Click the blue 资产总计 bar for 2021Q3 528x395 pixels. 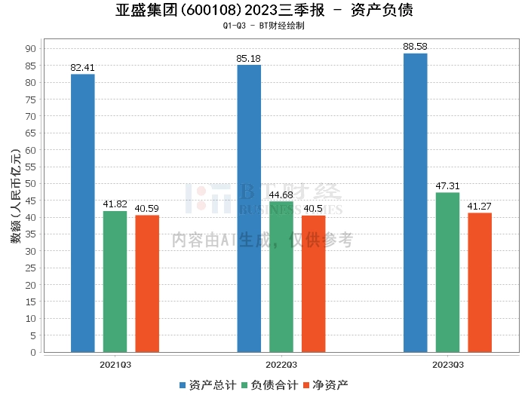coord(83,213)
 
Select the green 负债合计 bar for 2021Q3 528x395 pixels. coord(115,281)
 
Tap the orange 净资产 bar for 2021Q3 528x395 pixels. coord(147,283)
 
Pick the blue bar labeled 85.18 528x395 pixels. coord(249,208)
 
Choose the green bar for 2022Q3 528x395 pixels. coord(281,277)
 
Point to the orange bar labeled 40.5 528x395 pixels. coord(314,283)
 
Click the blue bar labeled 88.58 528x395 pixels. coord(416,202)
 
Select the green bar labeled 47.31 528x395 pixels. coord(448,272)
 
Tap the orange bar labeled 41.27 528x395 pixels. coord(480,282)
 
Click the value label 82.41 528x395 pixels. coord(83,68)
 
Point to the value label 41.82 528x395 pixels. coord(115,205)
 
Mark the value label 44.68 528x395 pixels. coord(281,195)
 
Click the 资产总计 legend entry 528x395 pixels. coord(208,384)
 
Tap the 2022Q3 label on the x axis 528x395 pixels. coord(281,364)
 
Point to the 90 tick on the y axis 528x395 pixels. coord(31,48)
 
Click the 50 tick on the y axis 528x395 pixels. coord(31,183)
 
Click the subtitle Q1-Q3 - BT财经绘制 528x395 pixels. coord(264,26)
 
